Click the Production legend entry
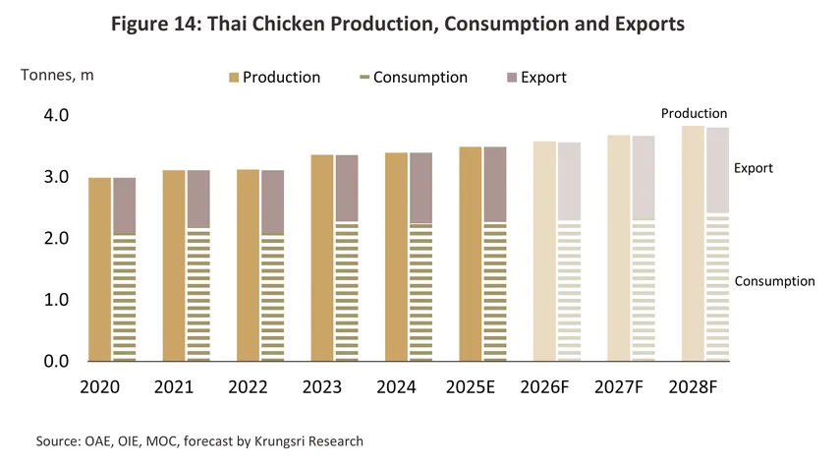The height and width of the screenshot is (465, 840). tap(281, 78)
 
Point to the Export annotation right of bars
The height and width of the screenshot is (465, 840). tap(754, 168)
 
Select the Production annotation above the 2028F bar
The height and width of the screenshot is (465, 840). tap(694, 114)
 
